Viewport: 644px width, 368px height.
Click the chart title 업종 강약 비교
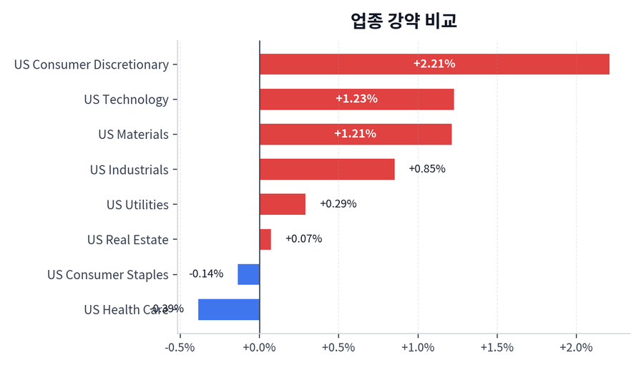pos(404,20)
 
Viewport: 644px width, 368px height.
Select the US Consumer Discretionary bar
pos(434,64)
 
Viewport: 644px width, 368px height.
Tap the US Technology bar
pos(356,99)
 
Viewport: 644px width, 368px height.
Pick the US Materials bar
pos(355,134)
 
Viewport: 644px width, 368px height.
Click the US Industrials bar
pos(327,169)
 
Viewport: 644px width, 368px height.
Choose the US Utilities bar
pos(282,204)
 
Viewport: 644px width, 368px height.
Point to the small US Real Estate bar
pos(265,239)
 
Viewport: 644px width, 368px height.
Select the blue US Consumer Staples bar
pos(249,274)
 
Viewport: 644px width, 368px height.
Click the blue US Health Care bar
pos(229,309)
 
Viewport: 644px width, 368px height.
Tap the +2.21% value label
pos(434,64)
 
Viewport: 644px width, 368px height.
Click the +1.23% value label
pos(356,99)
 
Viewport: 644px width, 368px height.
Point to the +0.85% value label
pos(426,169)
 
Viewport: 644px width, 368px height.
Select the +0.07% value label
pos(303,239)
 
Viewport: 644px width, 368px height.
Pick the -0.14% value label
pos(206,273)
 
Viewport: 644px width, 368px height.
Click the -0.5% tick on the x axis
pos(180,348)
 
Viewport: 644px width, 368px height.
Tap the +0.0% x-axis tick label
pos(259,348)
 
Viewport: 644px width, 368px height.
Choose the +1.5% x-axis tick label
pos(497,348)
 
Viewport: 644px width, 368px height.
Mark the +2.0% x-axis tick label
pos(576,348)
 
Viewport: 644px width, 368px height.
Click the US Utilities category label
pos(137,205)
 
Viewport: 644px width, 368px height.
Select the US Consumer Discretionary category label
pos(92,64)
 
